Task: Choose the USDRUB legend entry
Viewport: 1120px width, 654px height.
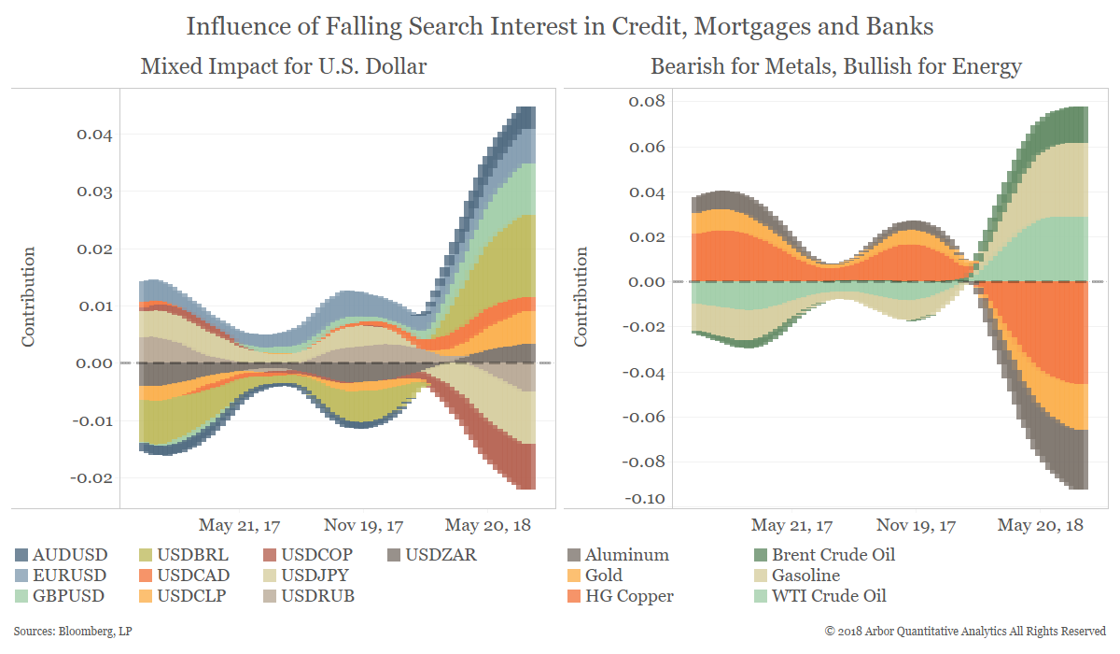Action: point(316,596)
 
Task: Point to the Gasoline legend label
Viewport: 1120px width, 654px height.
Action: point(805,576)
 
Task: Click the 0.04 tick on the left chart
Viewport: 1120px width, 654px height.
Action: point(93,135)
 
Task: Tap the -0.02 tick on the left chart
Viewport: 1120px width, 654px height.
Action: point(91,478)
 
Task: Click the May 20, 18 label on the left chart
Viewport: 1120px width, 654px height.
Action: point(487,525)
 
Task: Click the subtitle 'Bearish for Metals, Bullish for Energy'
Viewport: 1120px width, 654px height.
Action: point(835,67)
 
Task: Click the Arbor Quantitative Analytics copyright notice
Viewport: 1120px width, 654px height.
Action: point(965,633)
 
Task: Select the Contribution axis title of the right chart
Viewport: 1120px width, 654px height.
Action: point(581,297)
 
